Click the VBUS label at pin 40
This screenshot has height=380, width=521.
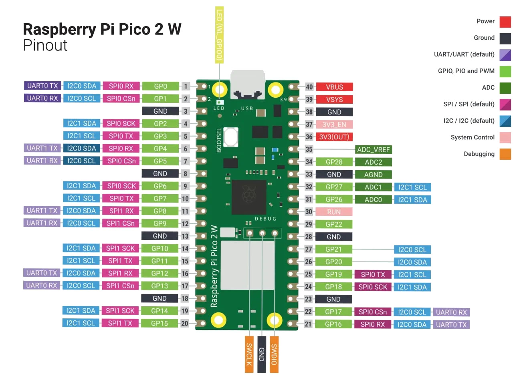334,87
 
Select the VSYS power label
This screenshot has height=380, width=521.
334,99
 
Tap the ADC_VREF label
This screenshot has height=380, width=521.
373,149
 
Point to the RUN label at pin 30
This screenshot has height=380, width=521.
334,212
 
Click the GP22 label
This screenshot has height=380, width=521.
334,224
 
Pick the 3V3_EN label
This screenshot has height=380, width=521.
334,124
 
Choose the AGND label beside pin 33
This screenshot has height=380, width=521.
373,175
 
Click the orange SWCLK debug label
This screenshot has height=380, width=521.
249,354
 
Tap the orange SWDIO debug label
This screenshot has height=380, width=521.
274,354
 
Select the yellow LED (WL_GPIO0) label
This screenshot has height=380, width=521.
219,34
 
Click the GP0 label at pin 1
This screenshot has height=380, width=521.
160,86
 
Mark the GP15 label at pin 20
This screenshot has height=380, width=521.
160,323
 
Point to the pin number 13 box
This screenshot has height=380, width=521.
185,236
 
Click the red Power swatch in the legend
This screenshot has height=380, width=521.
505,22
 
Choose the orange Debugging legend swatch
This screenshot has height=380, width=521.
505,154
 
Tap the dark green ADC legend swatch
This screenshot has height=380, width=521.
505,88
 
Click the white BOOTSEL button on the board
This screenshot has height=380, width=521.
231,137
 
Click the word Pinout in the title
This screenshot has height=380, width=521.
45,45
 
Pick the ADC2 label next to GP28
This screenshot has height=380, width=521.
373,162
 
